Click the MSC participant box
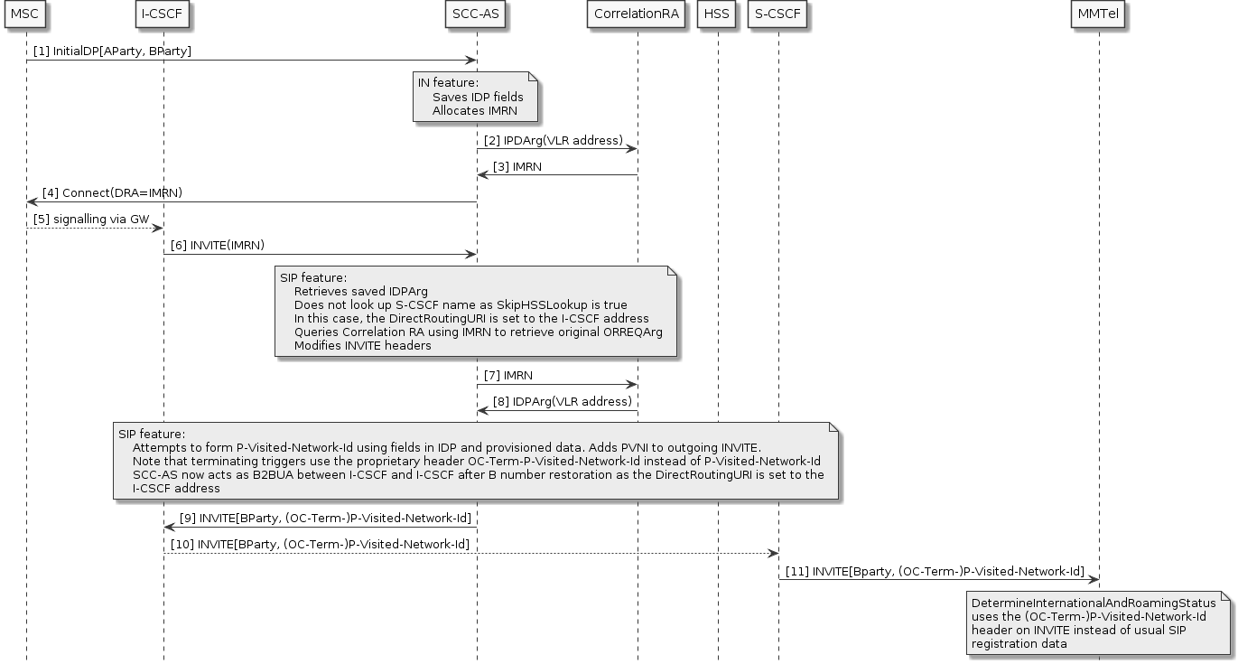(x=25, y=14)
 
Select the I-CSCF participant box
(x=163, y=14)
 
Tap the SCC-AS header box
(x=477, y=14)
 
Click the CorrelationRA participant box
(x=638, y=14)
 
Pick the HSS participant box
(x=718, y=14)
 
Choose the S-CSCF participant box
(x=778, y=14)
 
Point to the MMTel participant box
(x=1099, y=14)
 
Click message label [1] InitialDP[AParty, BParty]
(x=112, y=52)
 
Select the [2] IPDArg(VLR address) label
(x=553, y=141)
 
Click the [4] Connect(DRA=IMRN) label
(x=112, y=193)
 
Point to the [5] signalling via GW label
(x=88, y=220)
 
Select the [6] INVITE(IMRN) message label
(x=218, y=246)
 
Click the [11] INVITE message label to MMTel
(x=935, y=571)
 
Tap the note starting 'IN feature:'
(x=477, y=97)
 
